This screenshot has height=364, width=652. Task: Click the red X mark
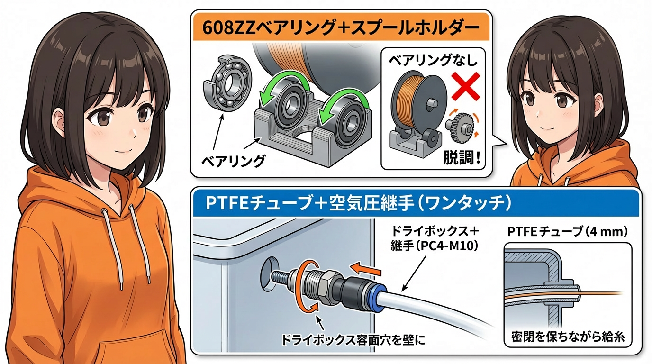[465, 86]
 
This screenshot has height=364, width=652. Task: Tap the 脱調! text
[462, 158]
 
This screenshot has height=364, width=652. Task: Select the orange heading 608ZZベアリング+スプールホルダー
[341, 28]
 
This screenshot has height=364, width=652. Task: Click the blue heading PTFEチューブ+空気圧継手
[358, 203]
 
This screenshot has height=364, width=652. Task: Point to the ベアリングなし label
[433, 60]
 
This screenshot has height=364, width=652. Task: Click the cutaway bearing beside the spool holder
[227, 82]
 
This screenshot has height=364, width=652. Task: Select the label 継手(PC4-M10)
[434, 246]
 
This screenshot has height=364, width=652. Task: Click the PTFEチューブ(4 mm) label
[567, 232]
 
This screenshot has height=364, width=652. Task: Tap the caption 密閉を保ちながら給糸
[568, 337]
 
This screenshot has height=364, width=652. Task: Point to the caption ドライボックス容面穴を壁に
[353, 340]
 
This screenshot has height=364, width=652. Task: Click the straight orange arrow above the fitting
[365, 269]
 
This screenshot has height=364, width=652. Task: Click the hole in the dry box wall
[269, 274]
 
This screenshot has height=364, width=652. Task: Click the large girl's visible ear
[60, 122]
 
